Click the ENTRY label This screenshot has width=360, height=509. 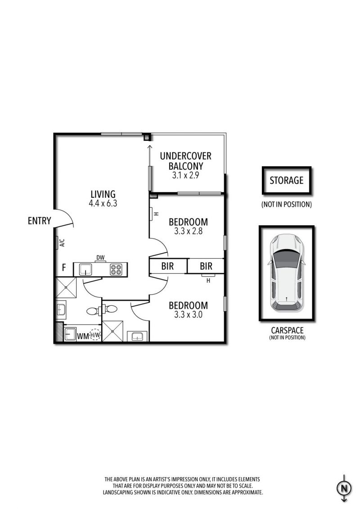[39, 221]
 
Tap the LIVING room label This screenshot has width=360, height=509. [103, 194]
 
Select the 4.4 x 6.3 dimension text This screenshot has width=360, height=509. [103, 204]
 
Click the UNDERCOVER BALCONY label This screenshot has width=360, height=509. [185, 161]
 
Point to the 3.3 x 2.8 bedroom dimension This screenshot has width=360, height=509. [188, 231]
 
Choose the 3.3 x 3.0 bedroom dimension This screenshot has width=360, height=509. [188, 314]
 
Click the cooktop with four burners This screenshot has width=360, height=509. [116, 269]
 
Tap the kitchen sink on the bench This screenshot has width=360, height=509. [85, 269]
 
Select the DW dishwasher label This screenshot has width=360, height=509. [100, 258]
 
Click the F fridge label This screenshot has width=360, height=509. [64, 268]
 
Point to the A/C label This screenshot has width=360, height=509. [62, 243]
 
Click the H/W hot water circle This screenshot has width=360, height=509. [95, 335]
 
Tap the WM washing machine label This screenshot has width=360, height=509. [83, 336]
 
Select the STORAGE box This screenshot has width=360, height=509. [287, 180]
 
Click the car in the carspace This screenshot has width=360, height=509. [286, 272]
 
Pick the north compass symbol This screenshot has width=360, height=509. [344, 488]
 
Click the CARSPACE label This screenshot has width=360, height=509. [287, 330]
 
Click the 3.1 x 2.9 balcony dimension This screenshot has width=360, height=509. [185, 175]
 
